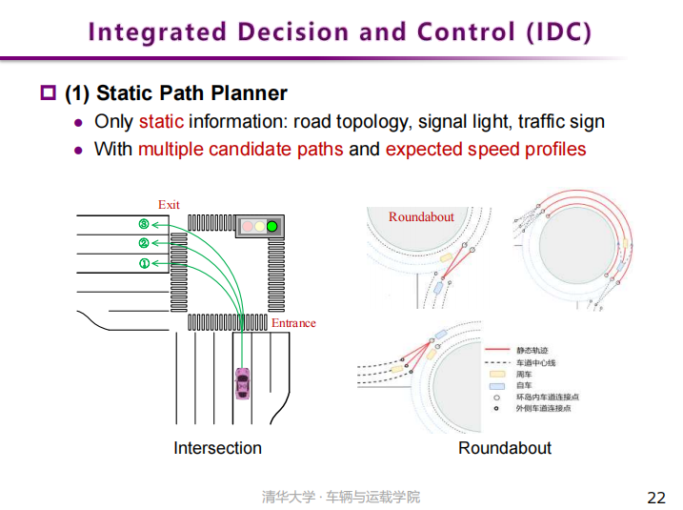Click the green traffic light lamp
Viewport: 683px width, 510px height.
point(272,227)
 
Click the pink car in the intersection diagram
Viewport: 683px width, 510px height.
point(243,385)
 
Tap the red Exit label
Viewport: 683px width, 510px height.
point(169,205)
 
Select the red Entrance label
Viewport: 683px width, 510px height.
point(293,323)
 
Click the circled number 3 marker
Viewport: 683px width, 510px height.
point(144,224)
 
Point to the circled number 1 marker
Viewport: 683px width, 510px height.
point(144,263)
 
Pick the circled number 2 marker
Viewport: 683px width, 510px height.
point(144,243)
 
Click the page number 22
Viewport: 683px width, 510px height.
point(656,498)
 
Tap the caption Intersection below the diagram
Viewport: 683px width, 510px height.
point(217,448)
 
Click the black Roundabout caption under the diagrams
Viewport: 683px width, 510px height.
point(505,448)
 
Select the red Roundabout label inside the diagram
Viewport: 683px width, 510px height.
point(421,217)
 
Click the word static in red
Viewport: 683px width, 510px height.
point(161,122)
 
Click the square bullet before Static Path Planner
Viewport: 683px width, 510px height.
point(49,93)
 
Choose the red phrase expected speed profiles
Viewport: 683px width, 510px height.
point(486,150)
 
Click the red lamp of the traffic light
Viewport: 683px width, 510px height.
point(246,227)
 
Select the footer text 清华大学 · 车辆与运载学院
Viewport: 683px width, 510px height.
point(340,498)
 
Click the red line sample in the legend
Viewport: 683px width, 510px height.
point(498,351)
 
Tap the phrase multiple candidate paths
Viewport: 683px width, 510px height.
point(240,150)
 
